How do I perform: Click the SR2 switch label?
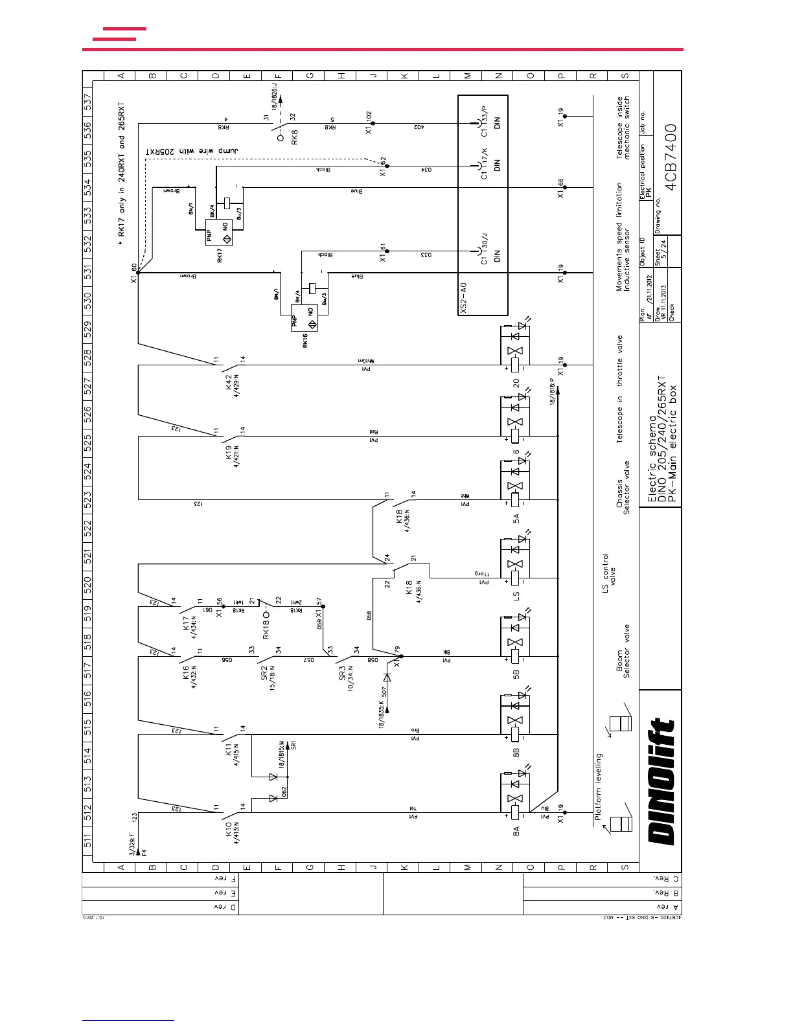264,673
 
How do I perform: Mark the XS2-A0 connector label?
464,298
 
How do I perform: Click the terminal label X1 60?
134,273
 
